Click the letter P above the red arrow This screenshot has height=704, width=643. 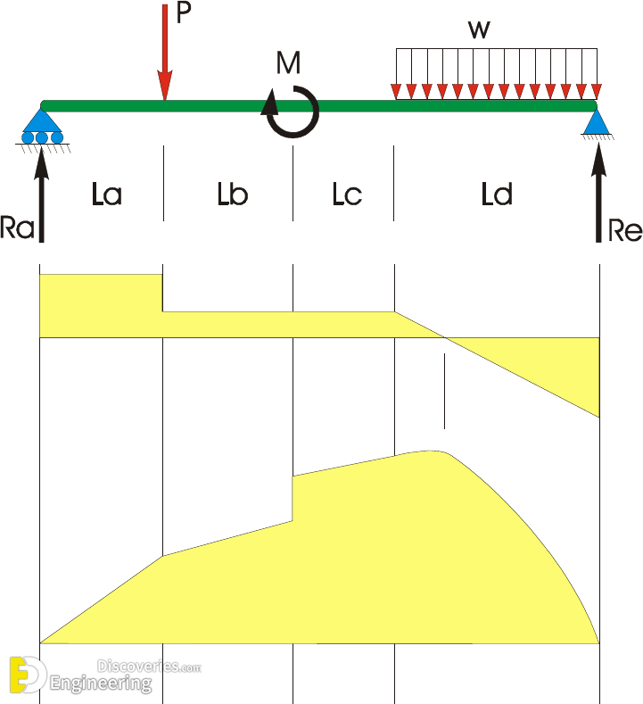pos(184,12)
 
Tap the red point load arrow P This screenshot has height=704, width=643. pos(165,53)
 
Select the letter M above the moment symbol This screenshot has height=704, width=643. pos(288,62)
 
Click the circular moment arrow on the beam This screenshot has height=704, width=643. pos(291,112)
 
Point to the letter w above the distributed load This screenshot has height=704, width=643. pos(479,30)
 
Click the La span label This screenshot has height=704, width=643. pos(107,195)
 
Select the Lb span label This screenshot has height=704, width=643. pos(233,195)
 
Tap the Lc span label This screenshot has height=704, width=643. pos(347,195)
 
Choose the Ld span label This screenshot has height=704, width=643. pos(496,195)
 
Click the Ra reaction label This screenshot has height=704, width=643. pos(17,228)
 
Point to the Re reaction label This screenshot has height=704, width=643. pos(625,231)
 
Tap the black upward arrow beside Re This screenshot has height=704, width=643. pos(598,193)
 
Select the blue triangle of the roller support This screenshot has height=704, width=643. pos(42,120)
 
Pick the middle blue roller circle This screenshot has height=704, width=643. pos(42,137)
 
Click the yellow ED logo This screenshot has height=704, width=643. pos(27,675)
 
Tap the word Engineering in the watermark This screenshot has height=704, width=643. pos(101,683)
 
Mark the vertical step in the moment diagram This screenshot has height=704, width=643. pos(293,499)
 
